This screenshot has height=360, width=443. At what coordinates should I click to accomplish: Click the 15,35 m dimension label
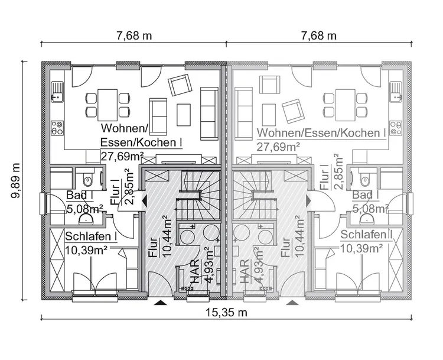pyautogui.click(x=226, y=313)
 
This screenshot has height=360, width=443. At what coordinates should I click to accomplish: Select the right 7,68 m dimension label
pyautogui.click(x=318, y=35)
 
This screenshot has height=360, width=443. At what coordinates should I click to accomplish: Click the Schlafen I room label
pyautogui.click(x=90, y=236)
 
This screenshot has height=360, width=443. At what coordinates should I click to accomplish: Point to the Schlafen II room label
pyautogui.click(x=367, y=235)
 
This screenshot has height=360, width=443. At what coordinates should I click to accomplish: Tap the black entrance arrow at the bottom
pyautogui.click(x=159, y=303)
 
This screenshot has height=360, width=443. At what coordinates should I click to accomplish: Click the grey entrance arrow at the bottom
pyautogui.click(x=292, y=303)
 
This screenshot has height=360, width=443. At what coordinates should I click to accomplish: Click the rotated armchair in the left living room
pyautogui.click(x=178, y=86)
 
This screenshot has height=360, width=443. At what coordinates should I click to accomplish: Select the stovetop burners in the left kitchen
pyautogui.click(x=57, y=128)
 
